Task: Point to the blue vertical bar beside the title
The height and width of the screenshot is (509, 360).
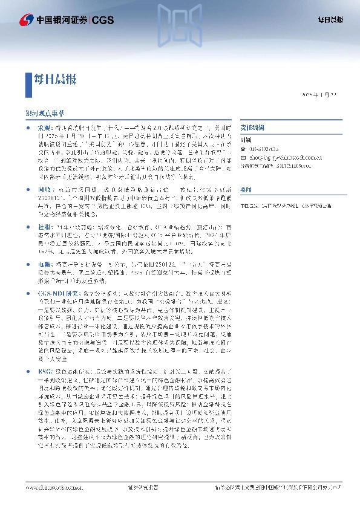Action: click(28, 79)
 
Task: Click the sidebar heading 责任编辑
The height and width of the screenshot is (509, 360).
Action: click(249, 129)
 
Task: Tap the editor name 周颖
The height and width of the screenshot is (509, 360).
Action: click(246, 138)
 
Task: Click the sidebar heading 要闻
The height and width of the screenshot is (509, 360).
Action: click(245, 189)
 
